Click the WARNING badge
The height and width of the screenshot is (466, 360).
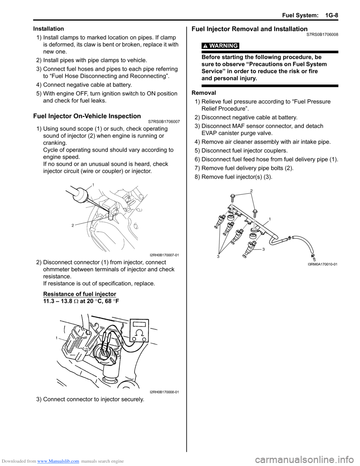(x=220, y=46)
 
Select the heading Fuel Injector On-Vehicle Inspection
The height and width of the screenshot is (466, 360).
(x=87, y=116)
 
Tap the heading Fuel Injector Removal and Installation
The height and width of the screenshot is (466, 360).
(x=249, y=29)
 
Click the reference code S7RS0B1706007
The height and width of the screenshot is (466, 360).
(x=164, y=122)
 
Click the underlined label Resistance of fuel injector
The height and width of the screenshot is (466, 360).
(x=79, y=294)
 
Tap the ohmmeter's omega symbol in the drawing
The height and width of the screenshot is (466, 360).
(x=139, y=333)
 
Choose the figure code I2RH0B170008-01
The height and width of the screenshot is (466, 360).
(x=164, y=392)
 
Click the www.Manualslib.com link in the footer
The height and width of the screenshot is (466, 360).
(x=58, y=461)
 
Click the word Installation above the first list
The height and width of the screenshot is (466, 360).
(x=49, y=29)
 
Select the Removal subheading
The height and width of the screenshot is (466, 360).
(x=204, y=93)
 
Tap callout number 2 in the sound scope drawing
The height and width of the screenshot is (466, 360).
(x=73, y=225)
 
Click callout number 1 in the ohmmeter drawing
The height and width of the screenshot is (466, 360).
(x=57, y=338)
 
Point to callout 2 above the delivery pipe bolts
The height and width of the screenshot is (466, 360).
(x=251, y=191)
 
